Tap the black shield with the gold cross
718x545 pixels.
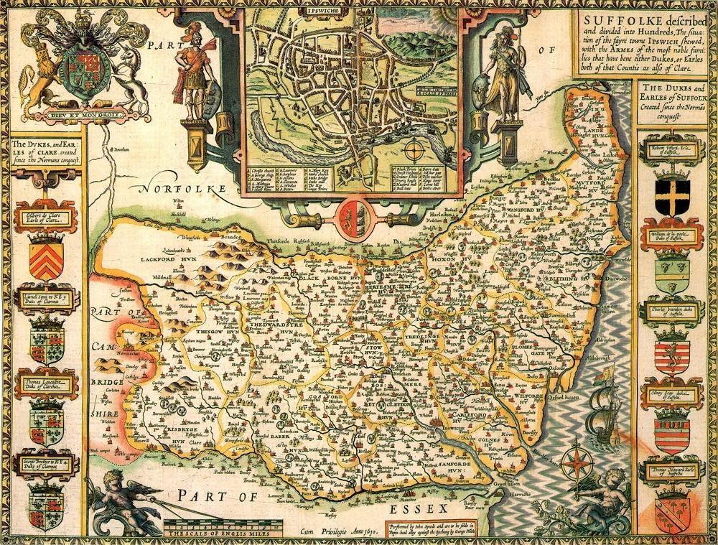tap(673, 191)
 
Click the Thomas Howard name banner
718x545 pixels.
tap(672, 472)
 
